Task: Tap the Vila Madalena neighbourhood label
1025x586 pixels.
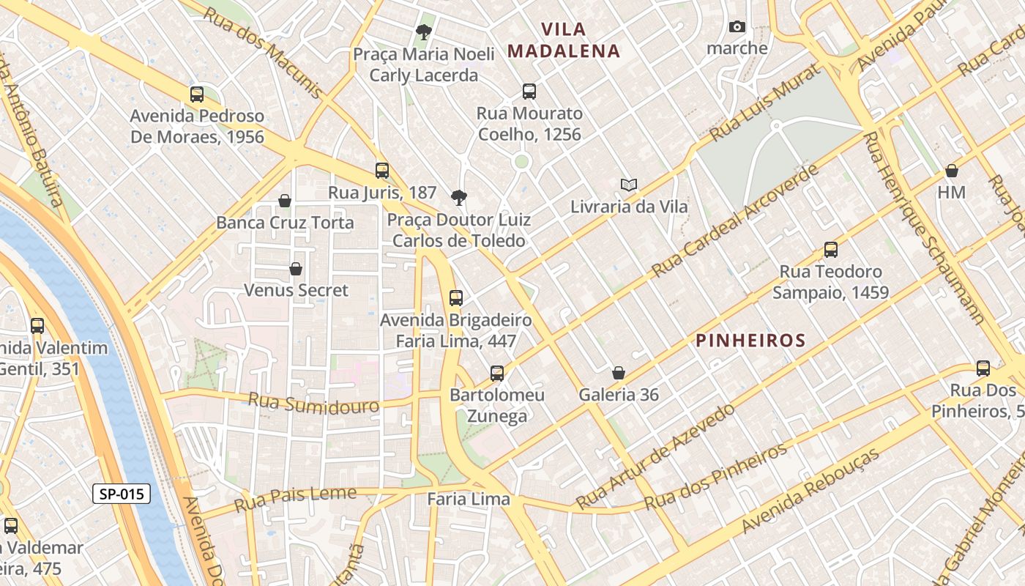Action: pyautogui.click(x=564, y=40)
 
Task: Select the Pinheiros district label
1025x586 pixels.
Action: pyautogui.click(x=750, y=341)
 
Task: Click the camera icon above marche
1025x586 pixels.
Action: pyautogui.click(x=737, y=27)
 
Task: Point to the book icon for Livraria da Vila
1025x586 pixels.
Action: pyautogui.click(x=628, y=185)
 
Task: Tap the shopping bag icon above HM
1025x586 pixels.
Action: pyautogui.click(x=952, y=171)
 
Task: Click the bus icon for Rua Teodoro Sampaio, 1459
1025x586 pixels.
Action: pyautogui.click(x=830, y=249)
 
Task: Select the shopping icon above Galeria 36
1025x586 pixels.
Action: pyautogui.click(x=619, y=373)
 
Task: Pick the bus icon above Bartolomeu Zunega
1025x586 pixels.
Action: pyautogui.click(x=497, y=374)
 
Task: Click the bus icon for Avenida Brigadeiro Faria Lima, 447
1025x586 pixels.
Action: pyautogui.click(x=456, y=297)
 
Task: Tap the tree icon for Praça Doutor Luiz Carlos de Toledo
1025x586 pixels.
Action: pyautogui.click(x=459, y=197)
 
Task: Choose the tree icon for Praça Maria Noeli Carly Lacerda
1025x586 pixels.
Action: pyautogui.click(x=423, y=31)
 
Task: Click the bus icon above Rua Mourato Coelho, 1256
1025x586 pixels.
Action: pyautogui.click(x=529, y=92)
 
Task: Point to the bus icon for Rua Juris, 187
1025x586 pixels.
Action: pyautogui.click(x=382, y=171)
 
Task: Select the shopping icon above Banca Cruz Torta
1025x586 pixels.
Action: pyautogui.click(x=285, y=200)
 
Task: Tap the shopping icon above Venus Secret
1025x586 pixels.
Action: pyautogui.click(x=296, y=269)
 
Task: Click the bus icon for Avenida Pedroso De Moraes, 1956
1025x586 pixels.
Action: pyautogui.click(x=197, y=94)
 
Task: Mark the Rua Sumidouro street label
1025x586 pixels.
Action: pyautogui.click(x=313, y=403)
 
